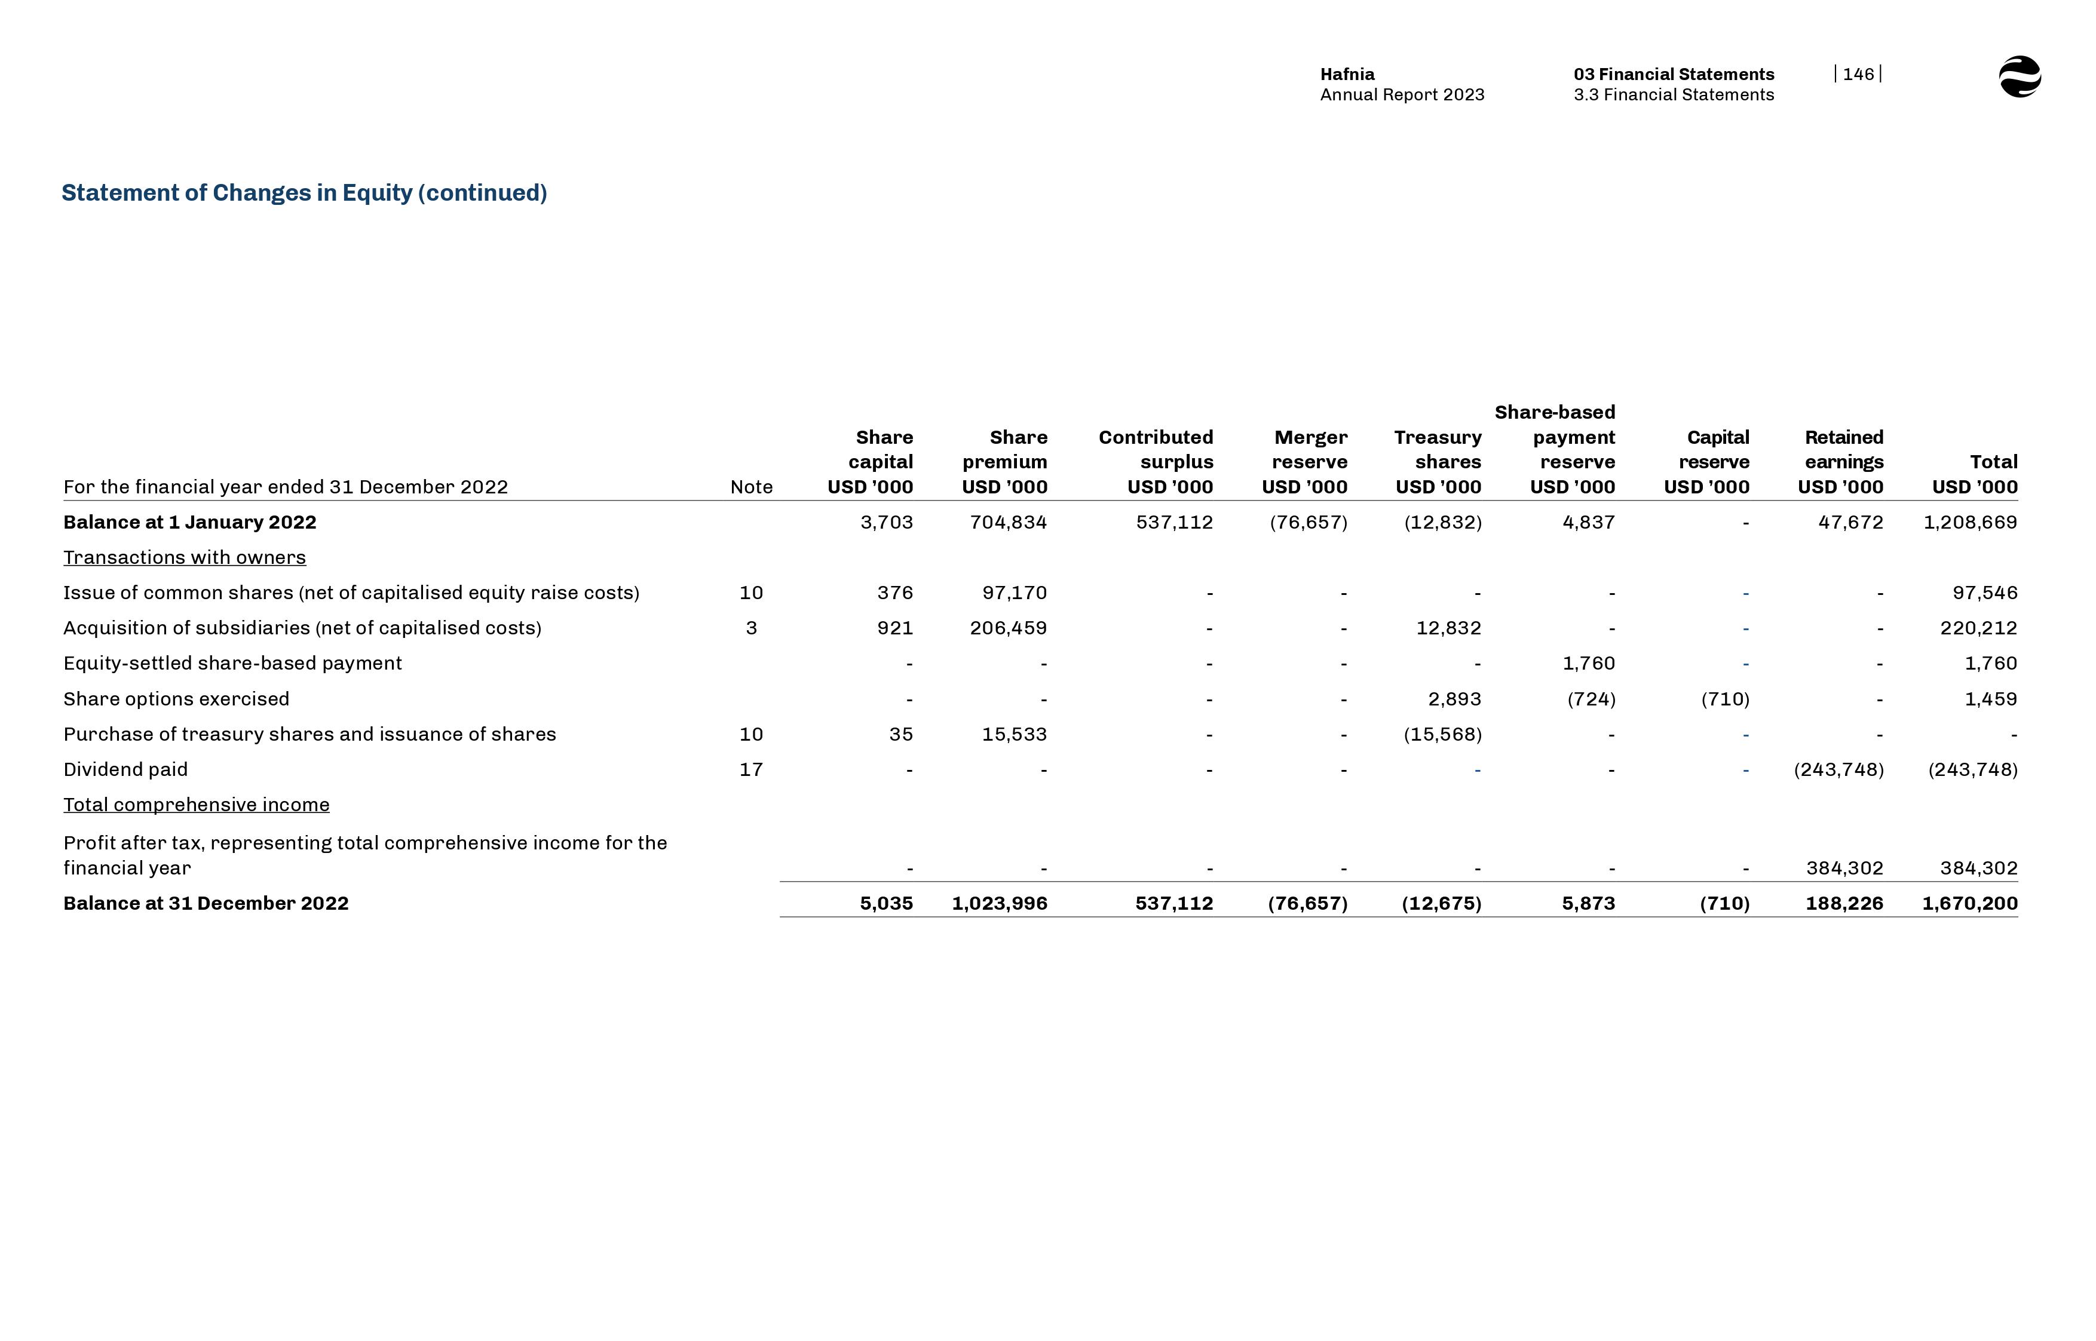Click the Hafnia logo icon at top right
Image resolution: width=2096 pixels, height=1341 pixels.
(2020, 76)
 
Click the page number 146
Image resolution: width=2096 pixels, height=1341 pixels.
(1858, 74)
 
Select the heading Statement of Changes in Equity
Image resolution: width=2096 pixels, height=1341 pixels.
(304, 192)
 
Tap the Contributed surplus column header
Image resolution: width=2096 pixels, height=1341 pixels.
(1156, 462)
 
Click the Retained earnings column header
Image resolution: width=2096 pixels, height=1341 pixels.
(1843, 462)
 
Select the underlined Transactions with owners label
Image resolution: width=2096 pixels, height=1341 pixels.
(185, 557)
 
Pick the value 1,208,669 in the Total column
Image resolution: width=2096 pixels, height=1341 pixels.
(1970, 523)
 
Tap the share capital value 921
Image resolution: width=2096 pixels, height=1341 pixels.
(894, 628)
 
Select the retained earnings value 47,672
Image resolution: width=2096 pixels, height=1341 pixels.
(1850, 523)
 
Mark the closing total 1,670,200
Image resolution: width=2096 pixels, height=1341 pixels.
(1970, 904)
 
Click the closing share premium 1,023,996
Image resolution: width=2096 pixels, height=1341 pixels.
(999, 904)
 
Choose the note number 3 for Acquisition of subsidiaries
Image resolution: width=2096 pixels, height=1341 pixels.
(750, 628)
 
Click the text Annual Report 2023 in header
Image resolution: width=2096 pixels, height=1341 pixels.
(1402, 95)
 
